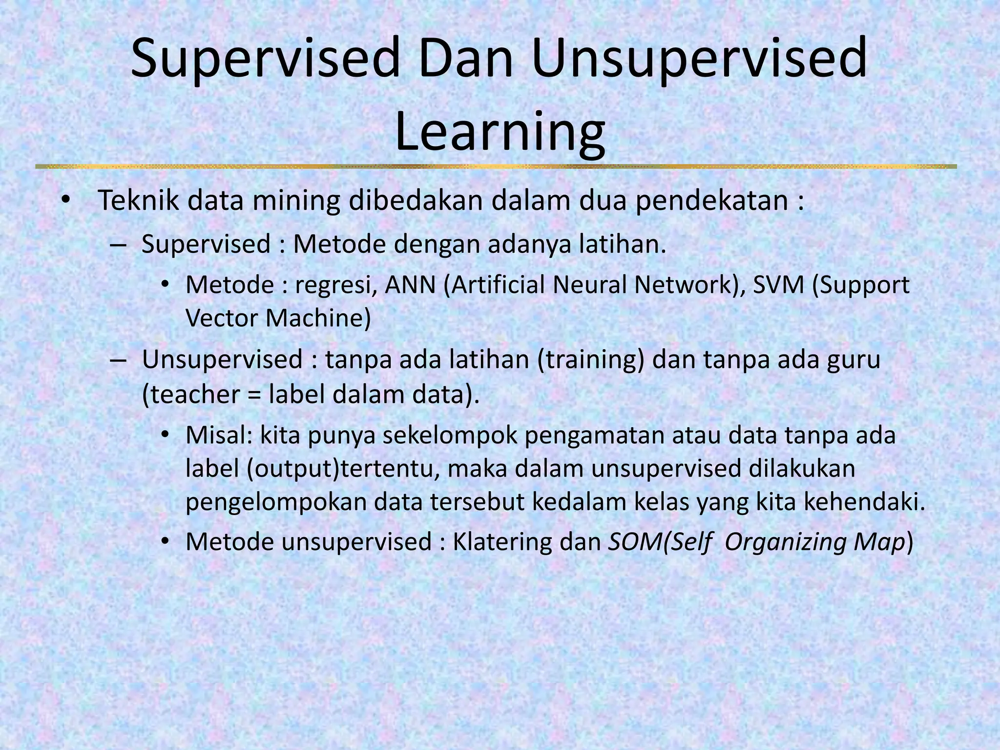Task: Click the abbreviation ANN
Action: pyautogui.click(x=410, y=285)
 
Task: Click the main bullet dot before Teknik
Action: pyautogui.click(x=65, y=201)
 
